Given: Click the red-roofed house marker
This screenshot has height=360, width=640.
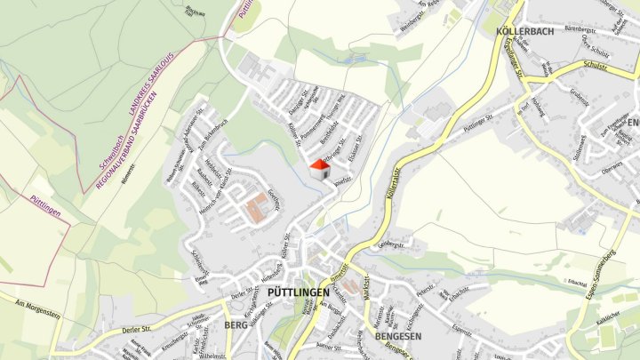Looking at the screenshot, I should (320, 169).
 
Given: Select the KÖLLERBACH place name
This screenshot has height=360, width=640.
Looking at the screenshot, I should (524, 31).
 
